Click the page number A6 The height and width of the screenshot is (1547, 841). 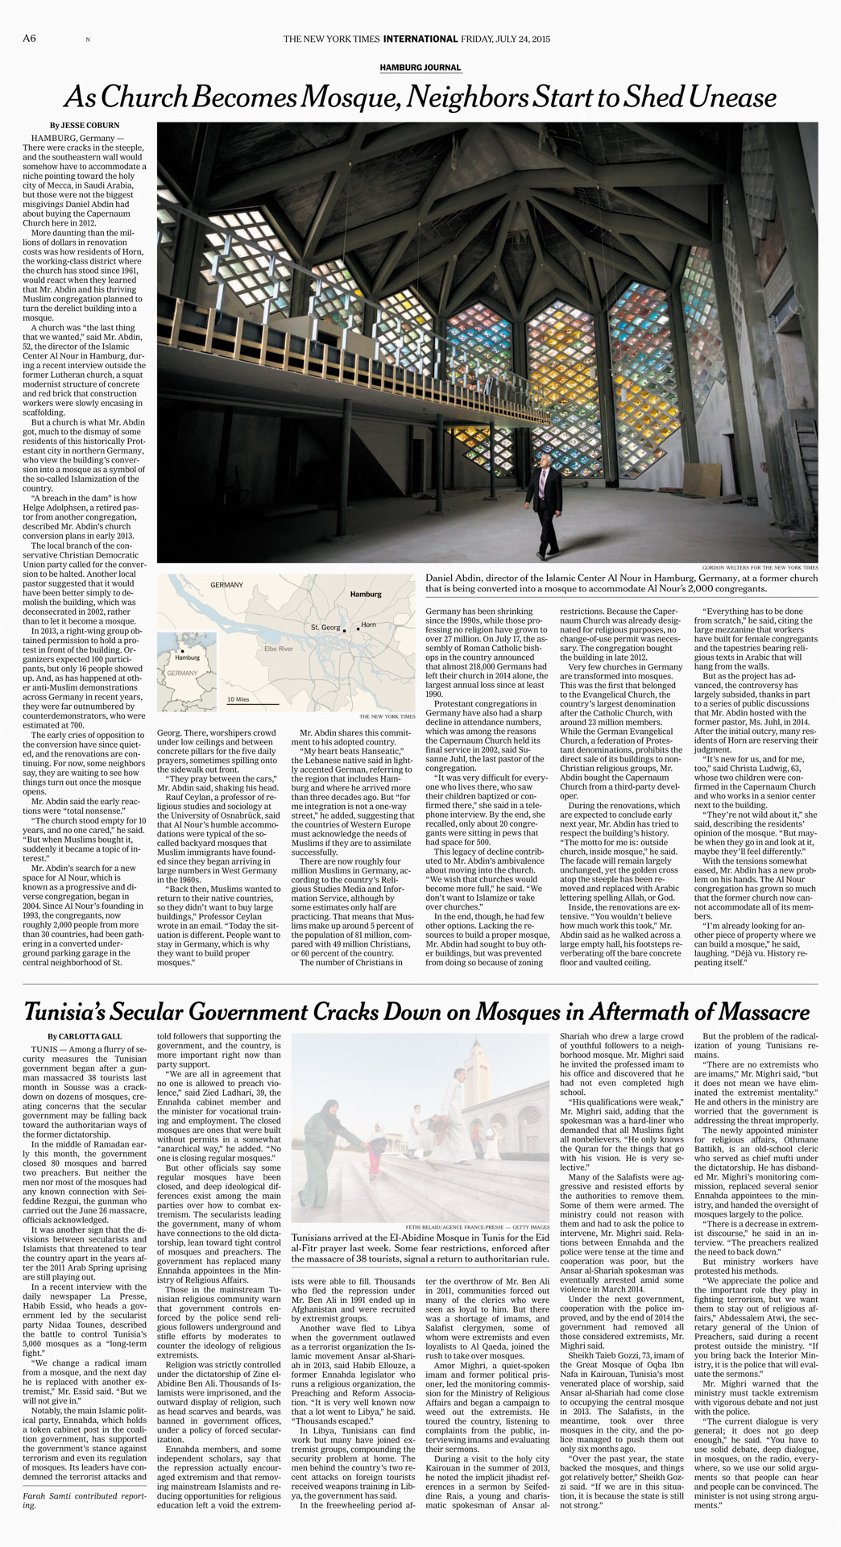point(29,39)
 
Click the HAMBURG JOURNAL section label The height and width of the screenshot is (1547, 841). point(420,68)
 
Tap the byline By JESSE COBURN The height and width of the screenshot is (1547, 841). point(84,126)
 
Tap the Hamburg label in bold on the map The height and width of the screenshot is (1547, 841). point(366,594)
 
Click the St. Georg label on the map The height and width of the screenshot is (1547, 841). point(325,627)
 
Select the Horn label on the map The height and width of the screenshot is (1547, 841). point(369,624)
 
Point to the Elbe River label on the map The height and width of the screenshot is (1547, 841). point(279,649)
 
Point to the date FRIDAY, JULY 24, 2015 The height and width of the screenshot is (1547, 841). point(506,39)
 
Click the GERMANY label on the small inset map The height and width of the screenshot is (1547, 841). point(182,673)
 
